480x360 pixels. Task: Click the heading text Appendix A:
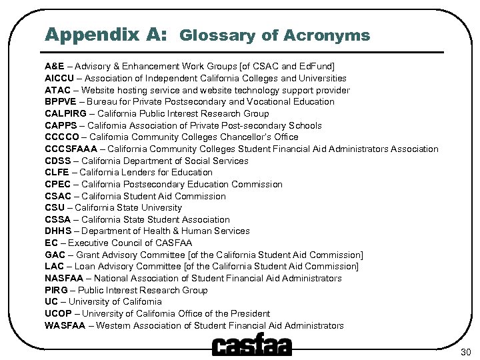pos(106,34)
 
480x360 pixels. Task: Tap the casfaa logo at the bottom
pos(251,346)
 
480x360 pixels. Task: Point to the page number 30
pos(465,351)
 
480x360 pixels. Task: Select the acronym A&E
pos(55,66)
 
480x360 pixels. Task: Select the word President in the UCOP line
pos(250,313)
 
